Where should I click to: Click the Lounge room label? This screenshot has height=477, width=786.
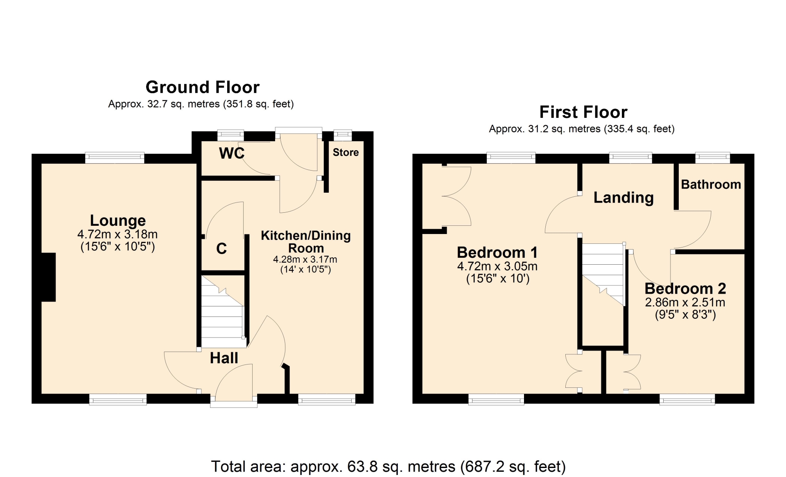pyautogui.click(x=118, y=220)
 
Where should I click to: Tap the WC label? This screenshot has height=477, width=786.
pyautogui.click(x=232, y=153)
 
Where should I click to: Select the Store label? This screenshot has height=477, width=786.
pyautogui.click(x=346, y=152)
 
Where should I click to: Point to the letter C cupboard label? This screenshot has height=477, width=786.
pyautogui.click(x=221, y=249)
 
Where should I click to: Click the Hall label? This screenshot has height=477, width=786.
pyautogui.click(x=224, y=358)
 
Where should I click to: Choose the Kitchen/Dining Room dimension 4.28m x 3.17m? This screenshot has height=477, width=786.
pyautogui.click(x=305, y=259)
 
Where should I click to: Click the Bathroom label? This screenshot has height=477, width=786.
pyautogui.click(x=711, y=184)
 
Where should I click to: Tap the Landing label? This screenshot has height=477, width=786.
pyautogui.click(x=623, y=198)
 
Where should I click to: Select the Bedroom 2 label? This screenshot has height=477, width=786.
pyautogui.click(x=685, y=289)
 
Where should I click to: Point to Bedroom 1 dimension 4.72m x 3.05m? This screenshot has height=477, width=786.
pyautogui.click(x=497, y=266)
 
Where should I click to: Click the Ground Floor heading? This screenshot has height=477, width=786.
pyautogui.click(x=203, y=87)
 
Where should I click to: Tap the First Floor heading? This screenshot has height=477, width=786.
pyautogui.click(x=583, y=112)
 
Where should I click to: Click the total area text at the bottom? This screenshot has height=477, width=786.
pyautogui.click(x=388, y=466)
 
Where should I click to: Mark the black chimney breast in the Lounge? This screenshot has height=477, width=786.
pyautogui.click(x=49, y=277)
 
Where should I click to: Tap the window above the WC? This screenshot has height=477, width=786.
pyautogui.click(x=230, y=135)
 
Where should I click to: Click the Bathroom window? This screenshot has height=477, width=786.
pyautogui.click(x=713, y=158)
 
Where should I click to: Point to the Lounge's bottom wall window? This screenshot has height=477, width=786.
pyautogui.click(x=118, y=399)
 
